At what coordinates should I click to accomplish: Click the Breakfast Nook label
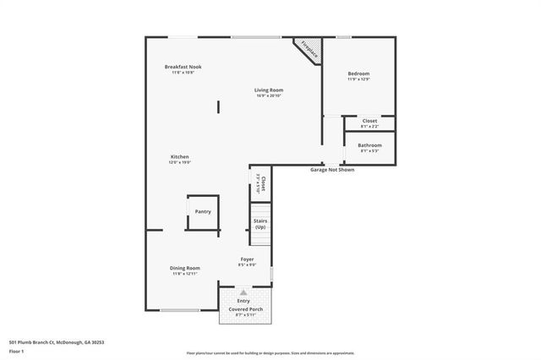click(183, 67)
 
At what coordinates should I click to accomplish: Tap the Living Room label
click(270, 90)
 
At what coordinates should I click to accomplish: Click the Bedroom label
click(358, 74)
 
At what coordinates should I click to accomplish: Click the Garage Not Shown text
click(331, 170)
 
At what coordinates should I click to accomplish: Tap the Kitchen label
click(179, 156)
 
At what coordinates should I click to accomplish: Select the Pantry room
click(203, 212)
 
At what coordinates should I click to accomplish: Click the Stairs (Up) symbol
click(260, 225)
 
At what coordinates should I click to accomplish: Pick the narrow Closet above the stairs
click(262, 184)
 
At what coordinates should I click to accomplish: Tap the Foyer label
click(247, 259)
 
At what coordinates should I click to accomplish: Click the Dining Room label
click(184, 268)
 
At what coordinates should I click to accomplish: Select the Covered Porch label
click(245, 310)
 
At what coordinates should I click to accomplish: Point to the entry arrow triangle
click(243, 292)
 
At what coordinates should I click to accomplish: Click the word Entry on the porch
click(243, 301)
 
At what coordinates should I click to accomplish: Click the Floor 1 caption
click(17, 351)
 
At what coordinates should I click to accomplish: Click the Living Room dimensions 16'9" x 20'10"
click(270, 95)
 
